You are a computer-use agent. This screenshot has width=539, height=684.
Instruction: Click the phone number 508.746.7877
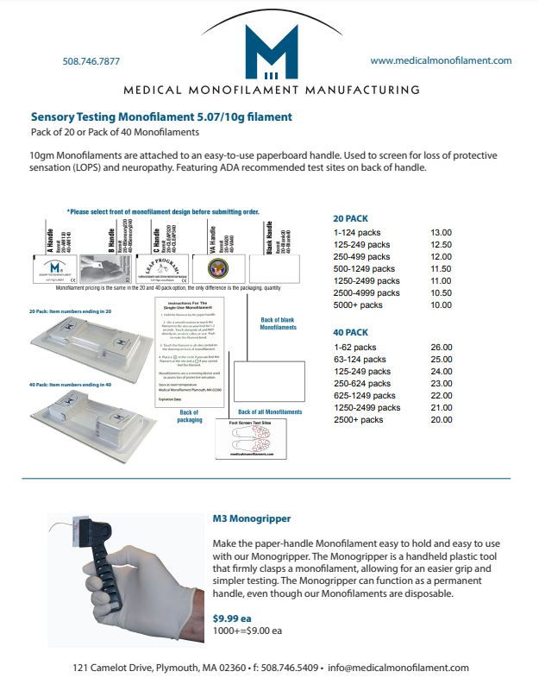[x=91, y=61]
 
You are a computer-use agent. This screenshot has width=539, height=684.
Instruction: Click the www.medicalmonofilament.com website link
[x=441, y=60]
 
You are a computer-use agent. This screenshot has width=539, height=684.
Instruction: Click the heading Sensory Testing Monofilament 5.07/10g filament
[x=161, y=116]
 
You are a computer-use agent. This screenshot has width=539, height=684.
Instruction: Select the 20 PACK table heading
[x=350, y=219]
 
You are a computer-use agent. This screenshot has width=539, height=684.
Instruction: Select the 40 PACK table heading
[x=350, y=332]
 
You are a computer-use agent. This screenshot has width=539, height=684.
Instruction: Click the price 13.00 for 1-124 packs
[x=441, y=233]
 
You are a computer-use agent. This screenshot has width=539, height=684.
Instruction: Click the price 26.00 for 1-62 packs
[x=441, y=347]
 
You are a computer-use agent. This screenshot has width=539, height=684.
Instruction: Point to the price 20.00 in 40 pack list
[x=441, y=419]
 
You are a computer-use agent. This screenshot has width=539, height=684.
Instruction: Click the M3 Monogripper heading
[x=251, y=519]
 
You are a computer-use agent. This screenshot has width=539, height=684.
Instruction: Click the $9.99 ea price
[x=233, y=618]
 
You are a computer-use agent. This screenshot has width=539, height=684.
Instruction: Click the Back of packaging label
[x=191, y=416]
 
